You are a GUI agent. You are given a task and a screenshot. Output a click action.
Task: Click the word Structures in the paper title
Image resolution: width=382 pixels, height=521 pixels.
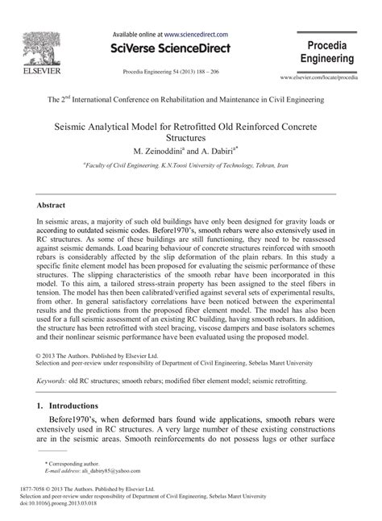pyautogui.click(x=191, y=138)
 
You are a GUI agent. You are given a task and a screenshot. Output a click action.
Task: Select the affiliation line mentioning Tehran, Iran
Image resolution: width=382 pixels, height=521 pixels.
pyautogui.click(x=191, y=165)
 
